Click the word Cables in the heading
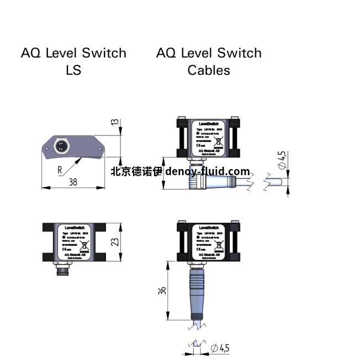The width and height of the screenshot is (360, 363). click(208, 70)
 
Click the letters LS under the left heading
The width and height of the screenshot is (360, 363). click(73, 70)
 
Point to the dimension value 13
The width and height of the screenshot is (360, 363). click(115, 122)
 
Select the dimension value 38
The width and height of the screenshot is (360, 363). click(72, 182)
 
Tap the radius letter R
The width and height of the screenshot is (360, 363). click(60, 170)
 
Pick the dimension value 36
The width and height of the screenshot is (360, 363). click(162, 290)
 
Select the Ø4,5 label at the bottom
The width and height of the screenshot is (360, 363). click(220, 348)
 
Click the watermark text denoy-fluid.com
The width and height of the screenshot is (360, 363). click(208, 171)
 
